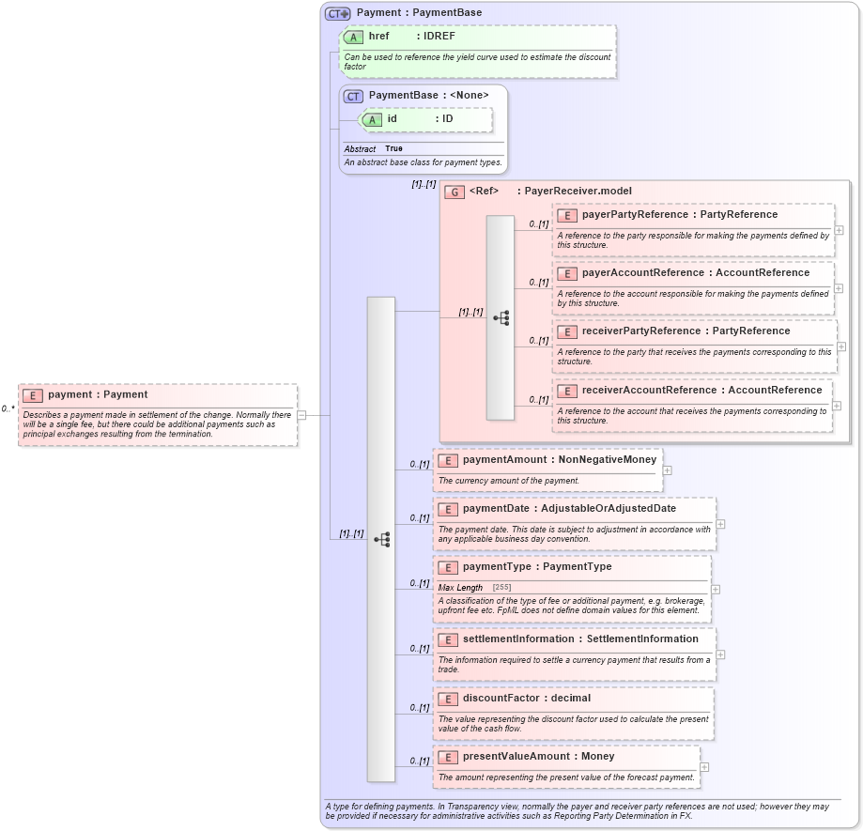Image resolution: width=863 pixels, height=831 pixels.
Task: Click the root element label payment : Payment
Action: (x=98, y=395)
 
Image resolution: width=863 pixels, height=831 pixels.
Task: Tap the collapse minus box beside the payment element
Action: (x=301, y=414)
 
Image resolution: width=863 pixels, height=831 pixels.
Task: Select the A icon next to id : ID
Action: (x=372, y=120)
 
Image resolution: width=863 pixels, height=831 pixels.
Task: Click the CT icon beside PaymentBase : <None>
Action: (x=353, y=96)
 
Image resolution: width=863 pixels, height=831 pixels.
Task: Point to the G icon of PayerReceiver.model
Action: (x=455, y=192)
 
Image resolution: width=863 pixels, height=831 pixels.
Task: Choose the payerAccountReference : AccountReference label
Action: (x=695, y=273)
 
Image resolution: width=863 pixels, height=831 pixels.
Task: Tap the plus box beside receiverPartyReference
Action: (x=840, y=346)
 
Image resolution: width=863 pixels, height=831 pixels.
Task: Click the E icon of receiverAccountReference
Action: (x=566, y=391)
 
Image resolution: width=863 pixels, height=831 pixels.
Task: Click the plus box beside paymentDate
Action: (x=720, y=524)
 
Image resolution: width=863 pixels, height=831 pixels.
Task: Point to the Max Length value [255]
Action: (x=502, y=588)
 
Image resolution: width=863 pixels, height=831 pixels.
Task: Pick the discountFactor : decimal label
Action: (x=526, y=699)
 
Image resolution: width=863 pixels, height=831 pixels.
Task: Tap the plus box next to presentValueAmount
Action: (x=704, y=767)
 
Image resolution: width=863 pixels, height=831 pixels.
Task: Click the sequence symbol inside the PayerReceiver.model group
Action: (x=501, y=318)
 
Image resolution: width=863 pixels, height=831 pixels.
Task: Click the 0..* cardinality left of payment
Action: (x=8, y=409)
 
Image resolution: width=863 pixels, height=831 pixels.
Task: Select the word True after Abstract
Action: (x=393, y=149)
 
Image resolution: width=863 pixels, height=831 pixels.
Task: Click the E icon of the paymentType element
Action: (x=448, y=567)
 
